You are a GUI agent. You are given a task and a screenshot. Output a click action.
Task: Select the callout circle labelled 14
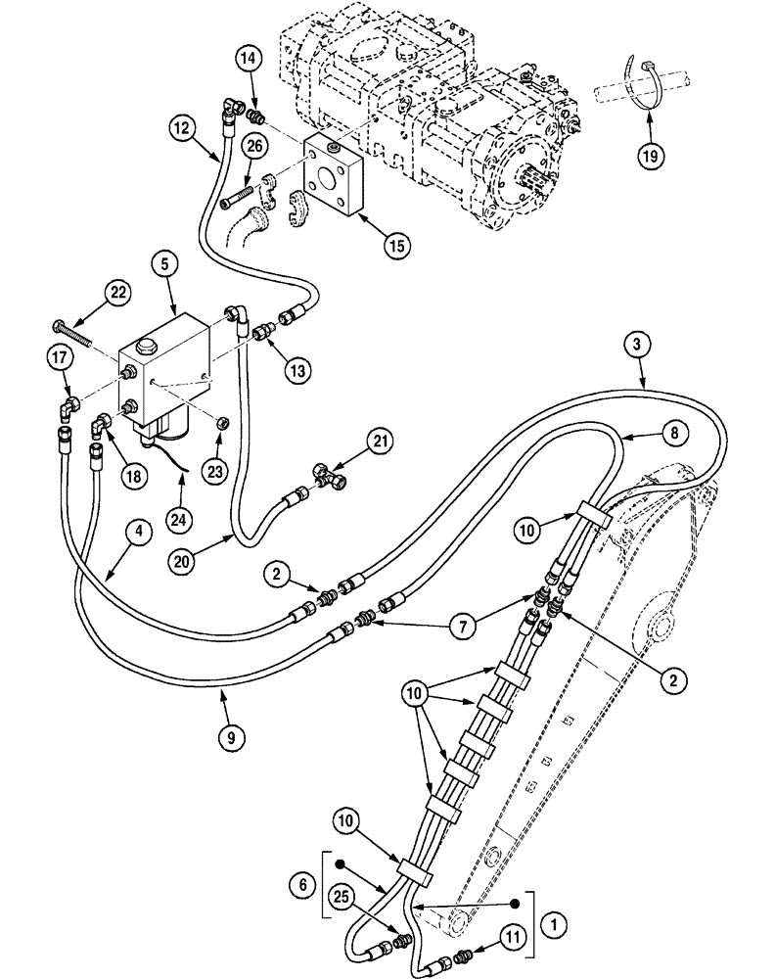point(250,60)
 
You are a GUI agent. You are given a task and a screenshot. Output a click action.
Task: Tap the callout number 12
point(180,126)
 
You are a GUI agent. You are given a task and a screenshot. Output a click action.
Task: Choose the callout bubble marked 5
point(164,263)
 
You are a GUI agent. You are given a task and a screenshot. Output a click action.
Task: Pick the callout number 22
point(117,292)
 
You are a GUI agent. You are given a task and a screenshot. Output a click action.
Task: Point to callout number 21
point(382,444)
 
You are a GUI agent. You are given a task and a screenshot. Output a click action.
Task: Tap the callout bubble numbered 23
point(215,470)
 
